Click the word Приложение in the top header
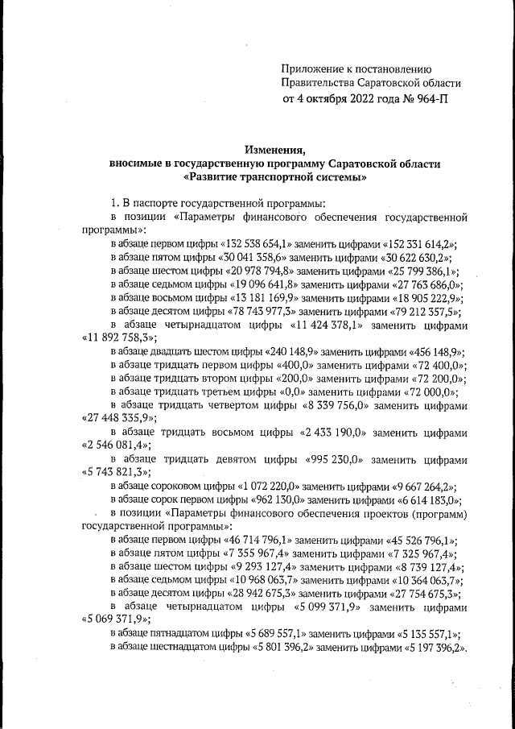pos(315,69)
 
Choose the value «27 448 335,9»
pos(120,418)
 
